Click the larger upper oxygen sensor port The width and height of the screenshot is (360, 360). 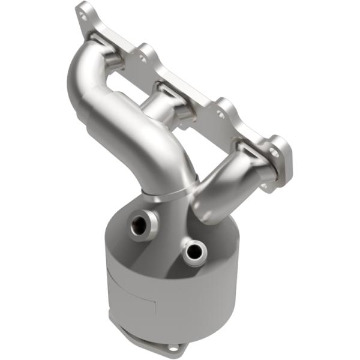pyautogui.click(x=139, y=224)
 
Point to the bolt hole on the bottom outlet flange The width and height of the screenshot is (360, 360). pyautogui.click(x=173, y=349)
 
